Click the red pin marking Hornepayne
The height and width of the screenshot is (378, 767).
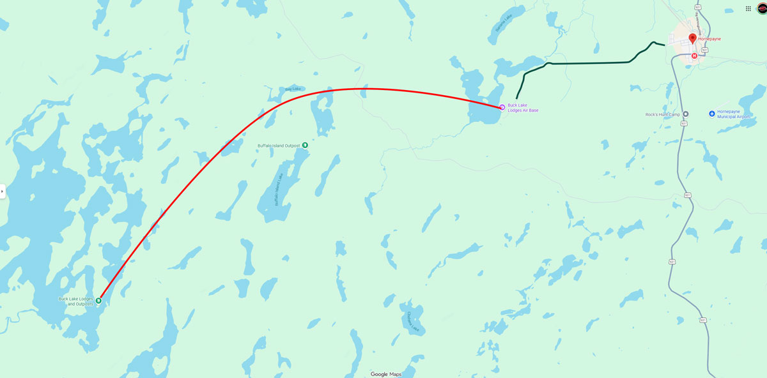click(693, 38)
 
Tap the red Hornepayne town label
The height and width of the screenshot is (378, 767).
click(709, 39)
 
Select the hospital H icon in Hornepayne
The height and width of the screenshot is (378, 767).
click(694, 56)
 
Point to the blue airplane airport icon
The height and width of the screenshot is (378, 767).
click(712, 114)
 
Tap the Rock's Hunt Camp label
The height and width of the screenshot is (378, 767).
click(663, 115)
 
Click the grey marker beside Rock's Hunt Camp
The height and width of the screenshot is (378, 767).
click(685, 114)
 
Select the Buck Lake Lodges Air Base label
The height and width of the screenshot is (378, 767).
click(523, 108)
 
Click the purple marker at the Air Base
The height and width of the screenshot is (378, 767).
click(502, 107)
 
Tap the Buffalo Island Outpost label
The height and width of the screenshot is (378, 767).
click(279, 146)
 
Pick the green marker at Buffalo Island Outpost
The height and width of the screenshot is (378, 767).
click(305, 145)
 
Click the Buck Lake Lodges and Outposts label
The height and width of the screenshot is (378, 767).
click(75, 301)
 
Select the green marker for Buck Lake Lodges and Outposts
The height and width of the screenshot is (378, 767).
click(98, 300)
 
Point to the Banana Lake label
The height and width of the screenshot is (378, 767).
click(500, 26)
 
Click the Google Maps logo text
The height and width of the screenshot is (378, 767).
click(386, 374)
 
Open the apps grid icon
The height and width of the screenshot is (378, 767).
click(748, 8)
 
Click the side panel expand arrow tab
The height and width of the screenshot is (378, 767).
click(3, 191)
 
